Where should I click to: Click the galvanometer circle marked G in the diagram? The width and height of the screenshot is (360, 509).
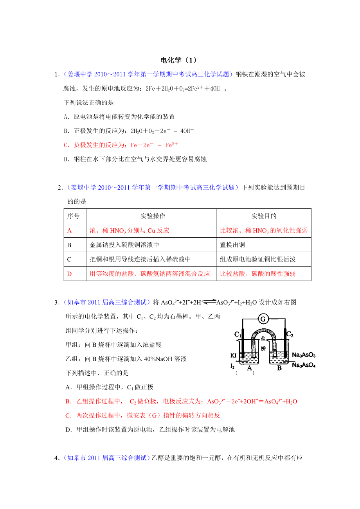click(263, 319)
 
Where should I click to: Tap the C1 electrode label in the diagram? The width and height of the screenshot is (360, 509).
click(238, 334)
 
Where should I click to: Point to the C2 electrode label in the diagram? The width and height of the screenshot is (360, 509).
click(290, 334)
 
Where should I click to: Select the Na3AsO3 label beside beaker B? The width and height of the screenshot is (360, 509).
click(304, 355)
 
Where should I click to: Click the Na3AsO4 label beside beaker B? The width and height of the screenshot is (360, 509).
click(304, 365)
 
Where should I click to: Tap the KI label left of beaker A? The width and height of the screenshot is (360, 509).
click(234, 355)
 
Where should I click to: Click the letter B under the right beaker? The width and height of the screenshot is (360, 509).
click(279, 368)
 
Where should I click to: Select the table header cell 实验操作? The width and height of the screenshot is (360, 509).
click(151, 216)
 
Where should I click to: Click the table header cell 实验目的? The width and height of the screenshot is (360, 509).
click(264, 216)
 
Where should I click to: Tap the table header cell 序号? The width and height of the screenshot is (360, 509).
click(74, 216)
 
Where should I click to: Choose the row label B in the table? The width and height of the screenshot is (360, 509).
click(69, 245)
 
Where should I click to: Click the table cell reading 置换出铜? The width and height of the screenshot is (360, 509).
click(232, 245)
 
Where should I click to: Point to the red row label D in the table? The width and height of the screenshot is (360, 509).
click(70, 274)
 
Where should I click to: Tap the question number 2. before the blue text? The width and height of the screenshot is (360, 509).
click(60, 188)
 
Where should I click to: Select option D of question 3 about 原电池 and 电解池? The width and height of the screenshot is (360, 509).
click(150, 430)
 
